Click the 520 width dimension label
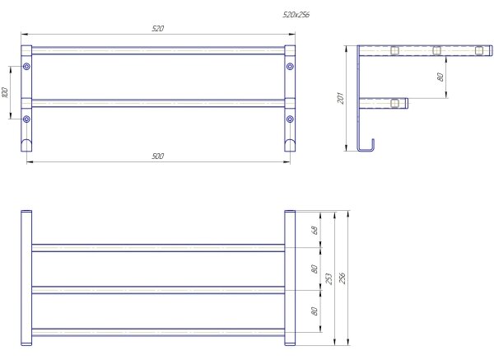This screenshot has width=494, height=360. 158,28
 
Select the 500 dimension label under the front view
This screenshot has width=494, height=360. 158,156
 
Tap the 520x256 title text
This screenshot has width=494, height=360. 296,15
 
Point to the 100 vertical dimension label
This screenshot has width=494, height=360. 5,92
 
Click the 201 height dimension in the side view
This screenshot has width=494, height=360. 340,98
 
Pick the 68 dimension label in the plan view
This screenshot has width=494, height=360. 315,230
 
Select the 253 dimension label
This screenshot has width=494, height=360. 329,279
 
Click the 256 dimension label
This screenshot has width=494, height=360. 343,278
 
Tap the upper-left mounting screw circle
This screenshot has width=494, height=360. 26,67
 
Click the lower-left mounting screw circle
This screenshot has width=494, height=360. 26,119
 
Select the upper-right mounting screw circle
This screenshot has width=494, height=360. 290,67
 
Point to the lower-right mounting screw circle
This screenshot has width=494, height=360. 290,119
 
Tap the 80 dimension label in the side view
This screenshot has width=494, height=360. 440,77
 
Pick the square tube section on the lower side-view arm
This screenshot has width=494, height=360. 394,103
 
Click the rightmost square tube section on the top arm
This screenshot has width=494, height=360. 479,50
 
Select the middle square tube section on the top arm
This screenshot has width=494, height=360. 436,50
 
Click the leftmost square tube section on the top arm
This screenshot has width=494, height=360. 394,50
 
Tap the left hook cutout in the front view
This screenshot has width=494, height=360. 26,145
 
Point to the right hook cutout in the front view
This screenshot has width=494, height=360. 290,145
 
